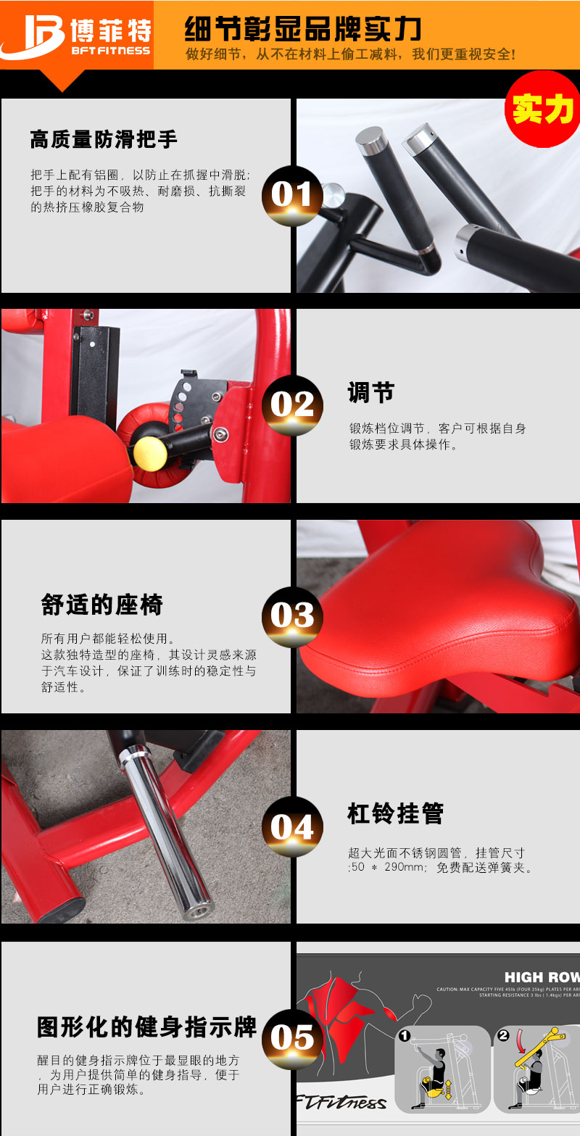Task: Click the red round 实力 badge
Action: tap(542, 109)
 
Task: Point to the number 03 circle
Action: tap(291, 616)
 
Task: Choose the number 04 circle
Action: tap(291, 827)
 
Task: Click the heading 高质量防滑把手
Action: tap(104, 139)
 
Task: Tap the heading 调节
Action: tap(370, 393)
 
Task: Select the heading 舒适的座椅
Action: tap(102, 605)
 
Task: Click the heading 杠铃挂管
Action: tap(395, 814)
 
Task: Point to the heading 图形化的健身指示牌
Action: tap(147, 1027)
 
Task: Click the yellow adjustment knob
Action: tap(149, 451)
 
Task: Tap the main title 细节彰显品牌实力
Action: tap(303, 30)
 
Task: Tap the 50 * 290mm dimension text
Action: tap(388, 868)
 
